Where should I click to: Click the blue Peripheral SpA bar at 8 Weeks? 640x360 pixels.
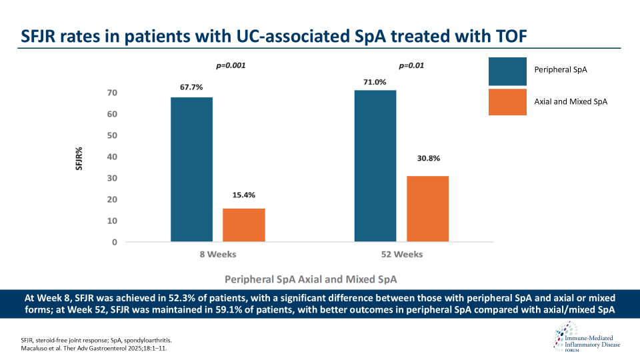191,169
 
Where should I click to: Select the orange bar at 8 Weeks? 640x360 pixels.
243,225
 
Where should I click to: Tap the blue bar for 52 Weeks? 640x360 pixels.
375,165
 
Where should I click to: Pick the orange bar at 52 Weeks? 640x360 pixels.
427,208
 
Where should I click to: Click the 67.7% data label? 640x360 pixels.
191,87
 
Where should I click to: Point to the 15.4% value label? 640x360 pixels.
243,195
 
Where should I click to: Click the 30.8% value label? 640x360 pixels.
427,159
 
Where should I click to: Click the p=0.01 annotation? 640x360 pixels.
411,66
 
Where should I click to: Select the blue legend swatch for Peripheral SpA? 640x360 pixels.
509,71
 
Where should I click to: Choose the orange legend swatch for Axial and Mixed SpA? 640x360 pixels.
509,101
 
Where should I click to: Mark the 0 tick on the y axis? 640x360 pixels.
115,242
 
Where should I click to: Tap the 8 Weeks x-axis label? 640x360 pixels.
217,255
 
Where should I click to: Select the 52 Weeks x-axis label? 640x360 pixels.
402,255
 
